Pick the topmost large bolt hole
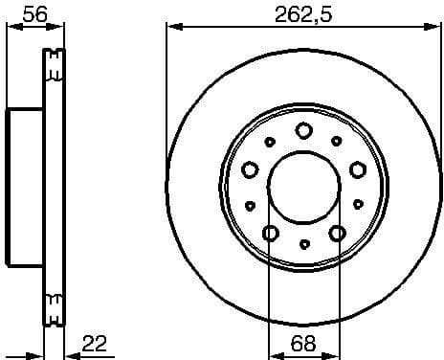(x=303, y=131)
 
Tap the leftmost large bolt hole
(x=251, y=169)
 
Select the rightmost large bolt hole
(x=357, y=169)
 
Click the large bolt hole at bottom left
(x=271, y=233)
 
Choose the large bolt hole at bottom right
(x=336, y=233)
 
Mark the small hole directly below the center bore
(x=303, y=245)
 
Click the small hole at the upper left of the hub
(x=270, y=142)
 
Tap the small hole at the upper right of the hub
(x=337, y=142)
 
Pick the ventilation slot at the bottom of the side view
(x=54, y=309)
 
